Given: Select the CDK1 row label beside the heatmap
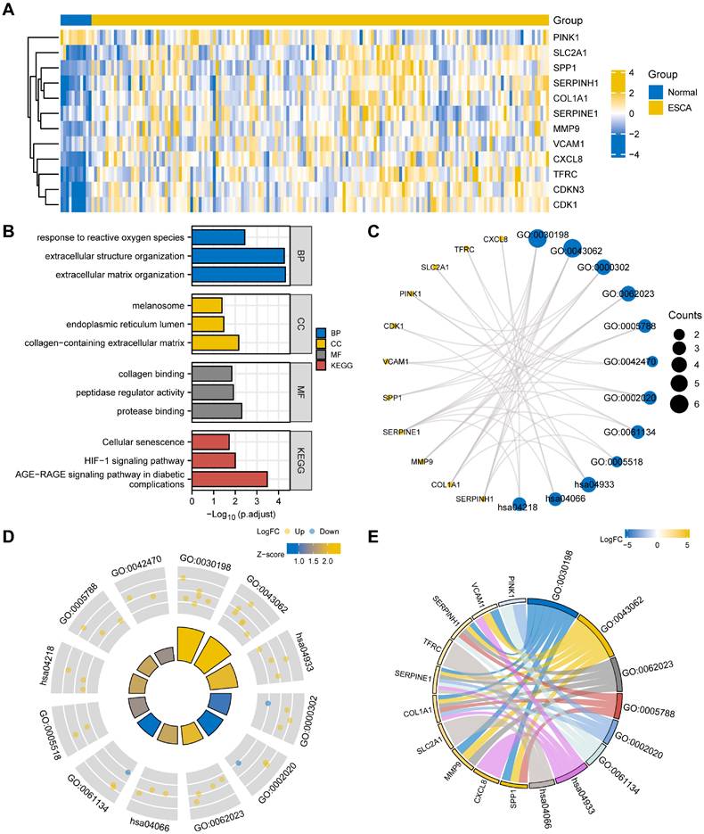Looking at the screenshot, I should pyautogui.click(x=564, y=204).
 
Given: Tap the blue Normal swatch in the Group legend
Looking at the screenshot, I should pyautogui.click(x=656, y=92).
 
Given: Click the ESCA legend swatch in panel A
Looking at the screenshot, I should pyautogui.click(x=656, y=108).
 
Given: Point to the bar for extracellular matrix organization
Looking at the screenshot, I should pyautogui.click(x=239, y=275).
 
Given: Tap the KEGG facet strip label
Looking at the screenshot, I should pyautogui.click(x=304, y=460).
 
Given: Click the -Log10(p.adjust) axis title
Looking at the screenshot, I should pyautogui.click(x=241, y=515).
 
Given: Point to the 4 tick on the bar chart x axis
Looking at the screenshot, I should pyautogui.click(x=278, y=502).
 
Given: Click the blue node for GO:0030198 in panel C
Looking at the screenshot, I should pyautogui.click(x=537, y=238).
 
